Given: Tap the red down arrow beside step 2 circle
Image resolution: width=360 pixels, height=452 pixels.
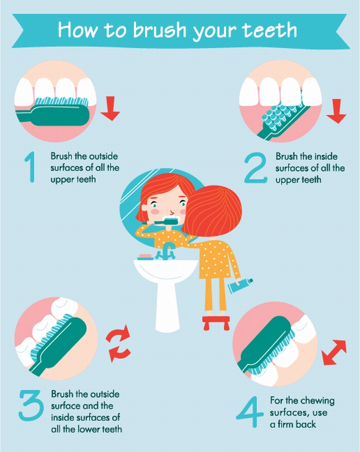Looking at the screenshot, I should (336, 111).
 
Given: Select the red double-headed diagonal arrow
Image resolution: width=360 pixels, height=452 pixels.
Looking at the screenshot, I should (333, 353).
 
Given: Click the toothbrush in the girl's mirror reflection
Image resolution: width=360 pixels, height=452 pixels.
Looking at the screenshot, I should (162, 223).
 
